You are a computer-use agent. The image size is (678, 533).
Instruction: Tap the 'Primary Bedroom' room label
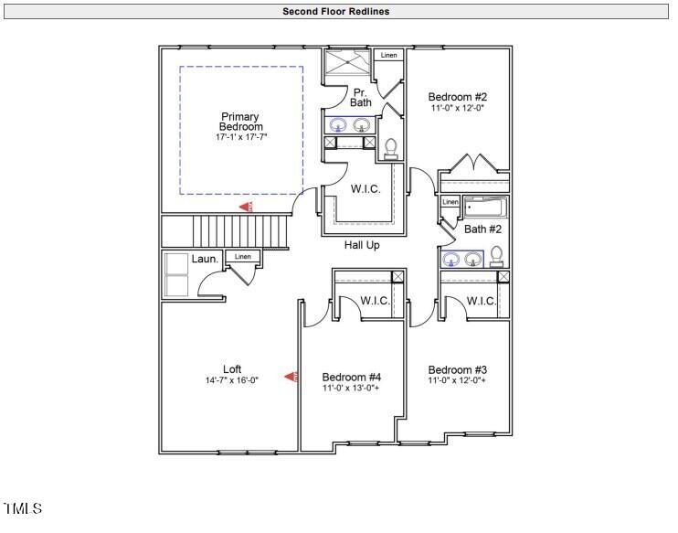tap(240, 122)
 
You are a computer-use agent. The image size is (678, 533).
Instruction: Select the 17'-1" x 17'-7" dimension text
tap(241, 137)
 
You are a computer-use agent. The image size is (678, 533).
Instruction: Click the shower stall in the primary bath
tap(348, 65)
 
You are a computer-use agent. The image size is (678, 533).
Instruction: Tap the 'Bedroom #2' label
tap(458, 97)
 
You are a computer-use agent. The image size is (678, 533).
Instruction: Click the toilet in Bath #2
tap(496, 256)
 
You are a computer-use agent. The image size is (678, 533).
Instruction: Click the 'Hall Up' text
tap(362, 245)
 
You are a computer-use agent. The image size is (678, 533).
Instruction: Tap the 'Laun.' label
tap(205, 260)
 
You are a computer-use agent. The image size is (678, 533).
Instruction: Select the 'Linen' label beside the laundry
tap(242, 257)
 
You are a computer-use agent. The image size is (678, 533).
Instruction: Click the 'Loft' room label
tap(232, 369)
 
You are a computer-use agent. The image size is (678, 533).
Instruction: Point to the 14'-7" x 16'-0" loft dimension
tap(232, 380)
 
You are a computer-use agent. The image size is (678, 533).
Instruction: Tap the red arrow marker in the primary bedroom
tap(247, 207)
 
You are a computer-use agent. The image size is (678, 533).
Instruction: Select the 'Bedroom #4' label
tap(352, 377)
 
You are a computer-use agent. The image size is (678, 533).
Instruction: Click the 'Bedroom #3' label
tap(458, 369)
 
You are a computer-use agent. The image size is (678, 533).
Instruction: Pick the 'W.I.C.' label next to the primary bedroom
tap(365, 189)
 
